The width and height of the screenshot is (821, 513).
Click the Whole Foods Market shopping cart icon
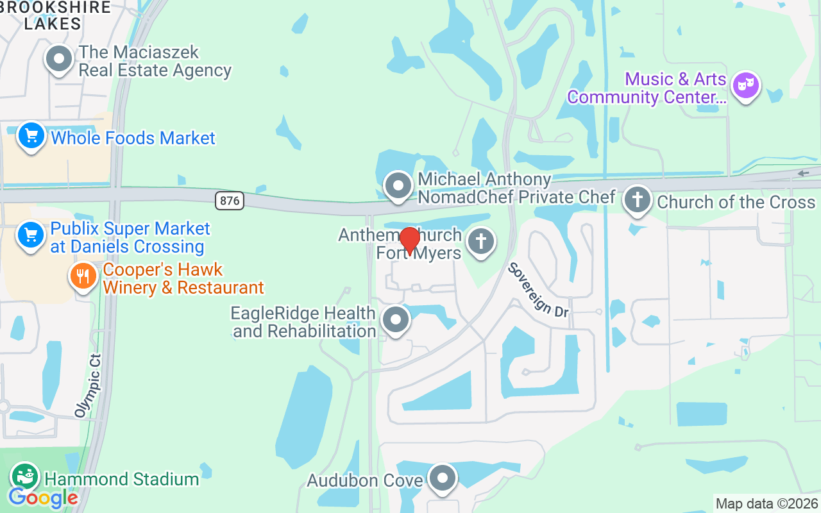[x=31, y=136]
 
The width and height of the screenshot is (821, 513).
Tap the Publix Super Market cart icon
[x=31, y=235]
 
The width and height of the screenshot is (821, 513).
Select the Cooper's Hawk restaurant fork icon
[x=83, y=276]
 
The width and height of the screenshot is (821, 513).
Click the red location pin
[x=409, y=241]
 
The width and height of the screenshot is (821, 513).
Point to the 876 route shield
[x=230, y=201]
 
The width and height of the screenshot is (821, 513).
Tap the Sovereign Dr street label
[x=539, y=289]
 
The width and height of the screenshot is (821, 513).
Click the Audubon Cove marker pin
[x=443, y=478]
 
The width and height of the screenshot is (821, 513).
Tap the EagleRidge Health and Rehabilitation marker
[x=396, y=320]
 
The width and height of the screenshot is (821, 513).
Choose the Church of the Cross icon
[x=638, y=199]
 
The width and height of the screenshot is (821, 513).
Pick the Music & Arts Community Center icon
[x=746, y=86]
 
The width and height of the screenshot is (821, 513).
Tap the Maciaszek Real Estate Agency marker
[x=59, y=59]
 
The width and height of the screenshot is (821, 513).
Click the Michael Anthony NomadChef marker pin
[x=398, y=186]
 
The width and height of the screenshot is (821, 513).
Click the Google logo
[x=43, y=498]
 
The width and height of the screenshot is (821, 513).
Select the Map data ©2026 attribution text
[x=767, y=504]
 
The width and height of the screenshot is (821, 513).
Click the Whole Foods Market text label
[x=133, y=138]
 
